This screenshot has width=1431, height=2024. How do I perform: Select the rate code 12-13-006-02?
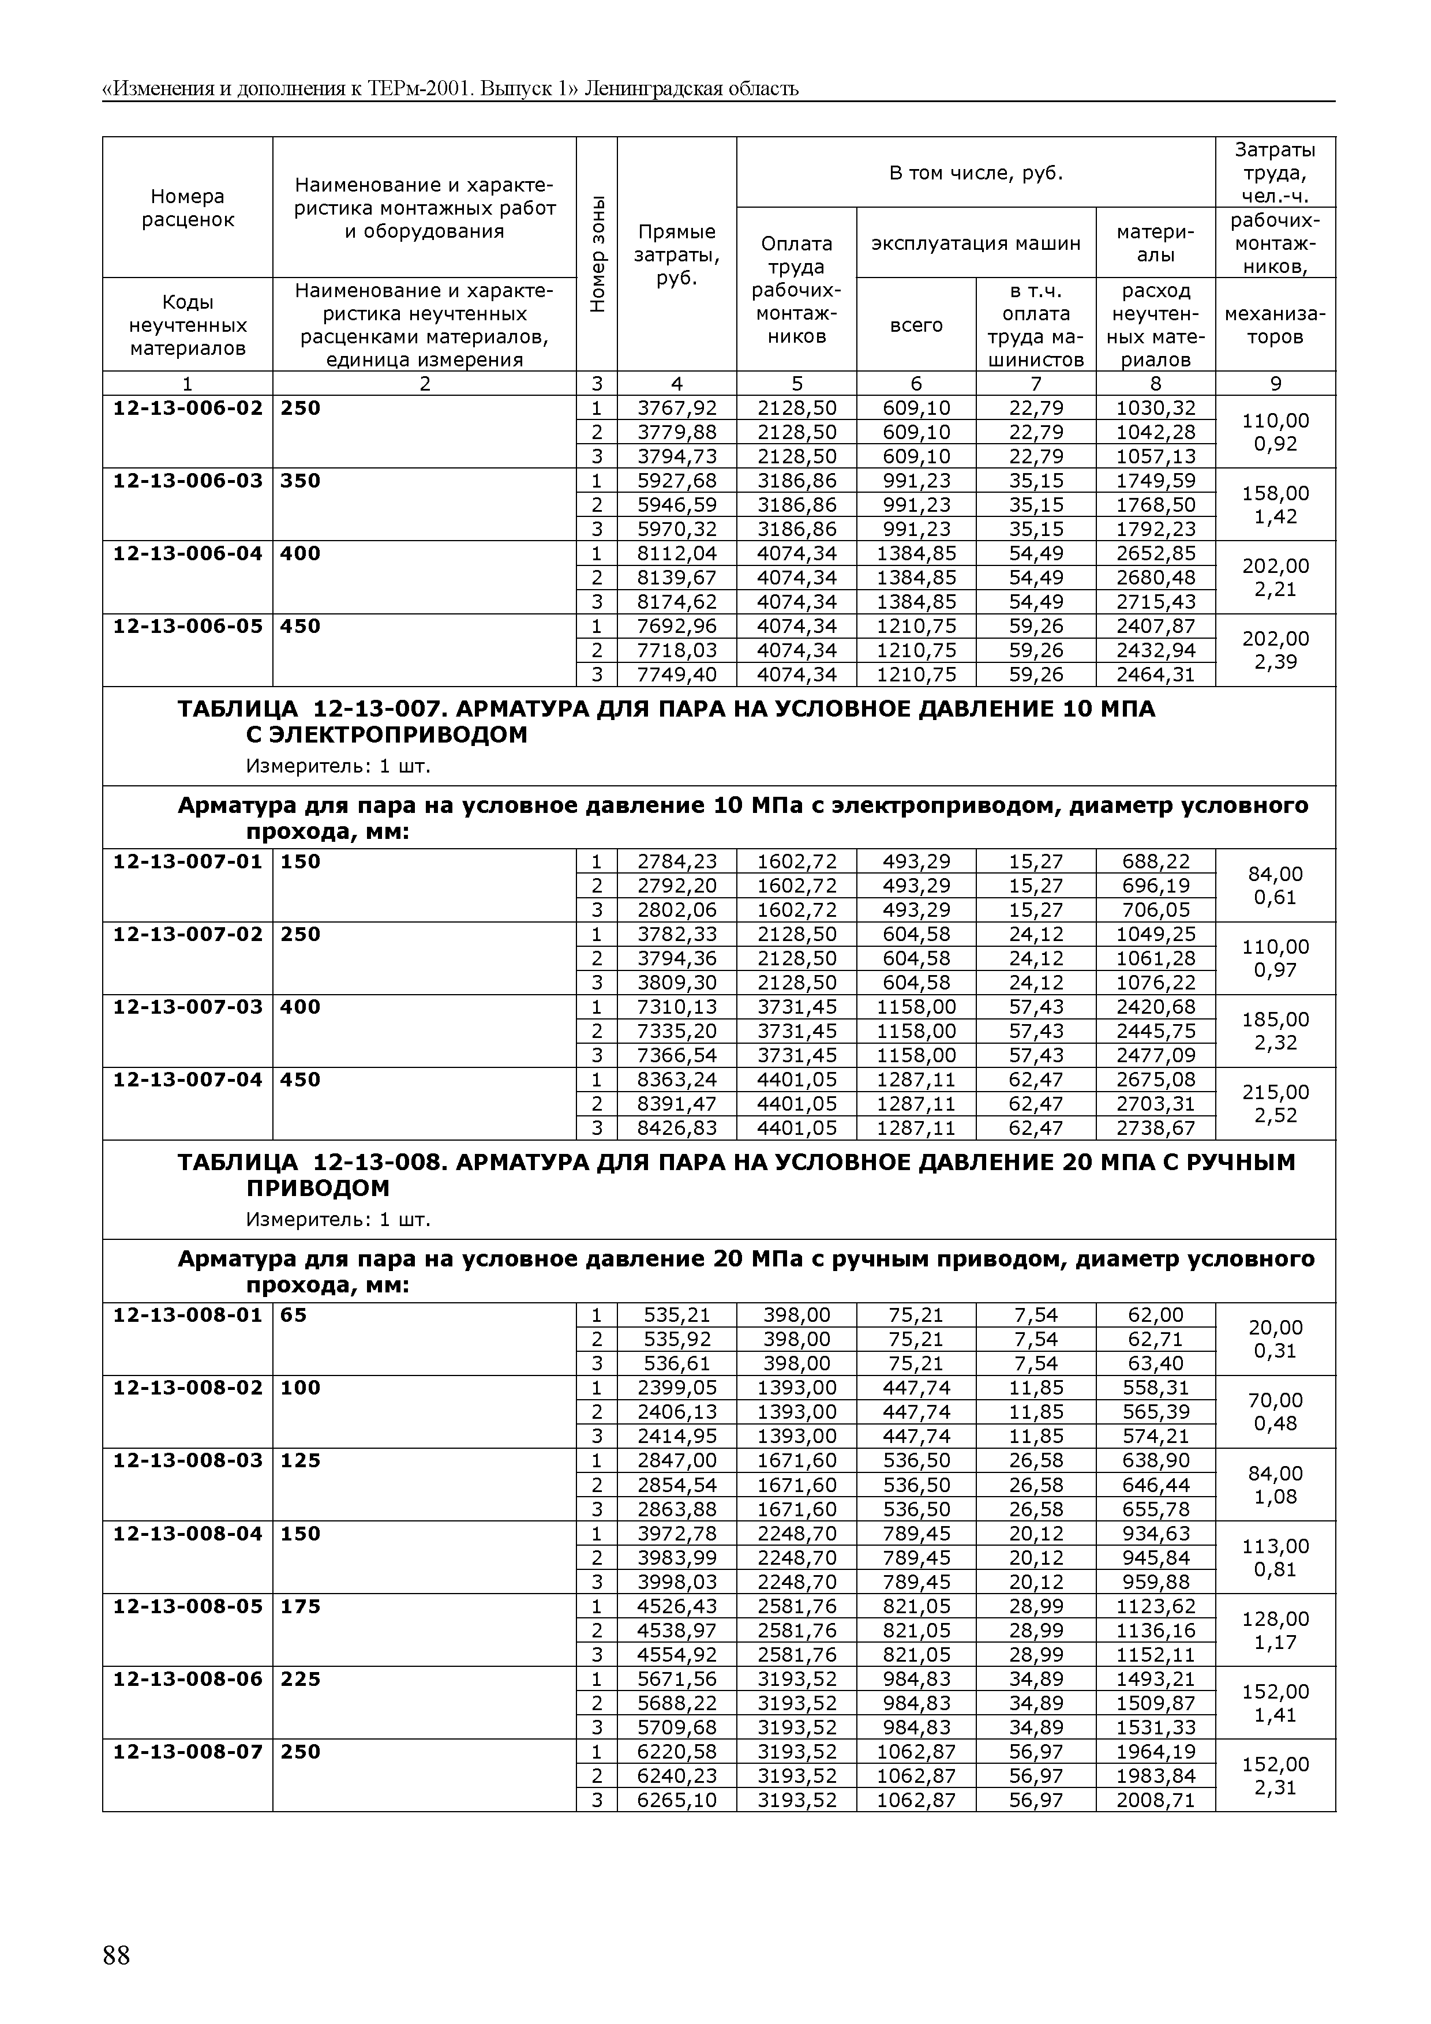[188, 408]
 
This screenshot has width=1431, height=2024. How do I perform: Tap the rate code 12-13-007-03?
[188, 1007]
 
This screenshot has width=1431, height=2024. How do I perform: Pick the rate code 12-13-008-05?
[188, 1606]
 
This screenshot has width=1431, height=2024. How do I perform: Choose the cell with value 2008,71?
[1155, 1800]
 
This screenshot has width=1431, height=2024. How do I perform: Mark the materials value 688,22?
[1155, 861]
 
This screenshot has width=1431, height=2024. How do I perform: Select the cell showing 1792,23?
[1155, 529]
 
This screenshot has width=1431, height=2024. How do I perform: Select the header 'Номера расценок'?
[188, 208]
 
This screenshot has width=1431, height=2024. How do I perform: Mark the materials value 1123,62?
[1155, 1606]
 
